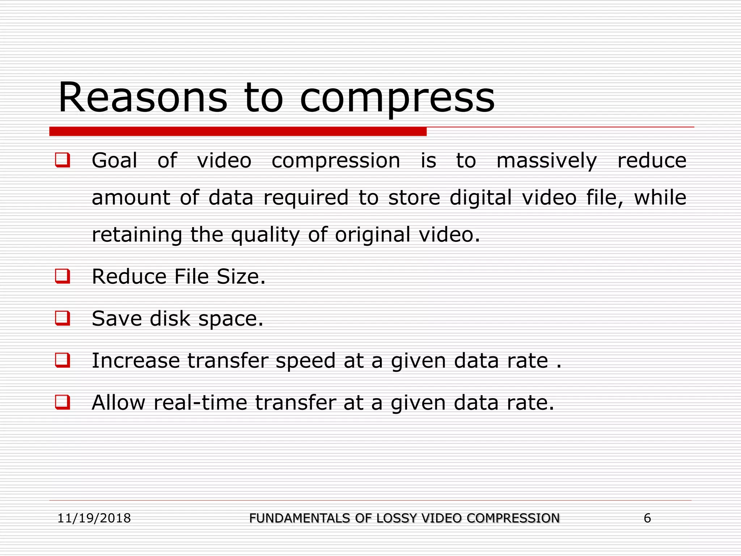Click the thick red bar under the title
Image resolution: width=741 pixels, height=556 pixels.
238,131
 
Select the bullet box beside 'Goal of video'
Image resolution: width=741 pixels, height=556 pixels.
62,160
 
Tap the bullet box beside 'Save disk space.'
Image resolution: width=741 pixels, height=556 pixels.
62,318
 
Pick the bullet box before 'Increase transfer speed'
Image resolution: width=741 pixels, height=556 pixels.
62,360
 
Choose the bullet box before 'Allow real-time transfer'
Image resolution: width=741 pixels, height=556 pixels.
62,402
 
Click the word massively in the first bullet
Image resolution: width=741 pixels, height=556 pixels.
546,161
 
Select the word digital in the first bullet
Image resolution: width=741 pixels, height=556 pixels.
480,198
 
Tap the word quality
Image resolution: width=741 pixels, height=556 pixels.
265,235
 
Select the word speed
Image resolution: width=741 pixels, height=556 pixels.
305,361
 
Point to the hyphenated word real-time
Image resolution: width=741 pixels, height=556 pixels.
200,403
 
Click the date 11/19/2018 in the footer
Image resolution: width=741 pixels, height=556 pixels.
94,518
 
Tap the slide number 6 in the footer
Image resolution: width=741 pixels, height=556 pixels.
647,518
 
